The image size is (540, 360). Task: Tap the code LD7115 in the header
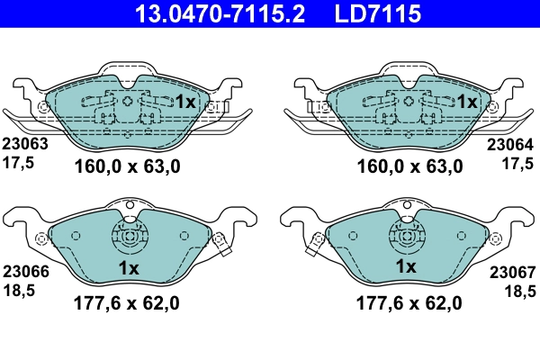tap(379, 13)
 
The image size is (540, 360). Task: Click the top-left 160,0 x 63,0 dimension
tap(128, 166)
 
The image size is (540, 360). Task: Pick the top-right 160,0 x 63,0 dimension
tap(410, 166)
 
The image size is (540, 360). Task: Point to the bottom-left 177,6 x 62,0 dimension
tap(128, 303)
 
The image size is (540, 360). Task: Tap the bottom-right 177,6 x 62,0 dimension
tap(410, 303)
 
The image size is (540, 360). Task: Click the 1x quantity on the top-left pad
tap(184, 103)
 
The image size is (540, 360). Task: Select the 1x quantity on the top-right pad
tap(466, 103)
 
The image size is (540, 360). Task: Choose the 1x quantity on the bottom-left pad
tap(128, 267)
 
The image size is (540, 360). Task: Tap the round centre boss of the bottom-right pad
tap(406, 238)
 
